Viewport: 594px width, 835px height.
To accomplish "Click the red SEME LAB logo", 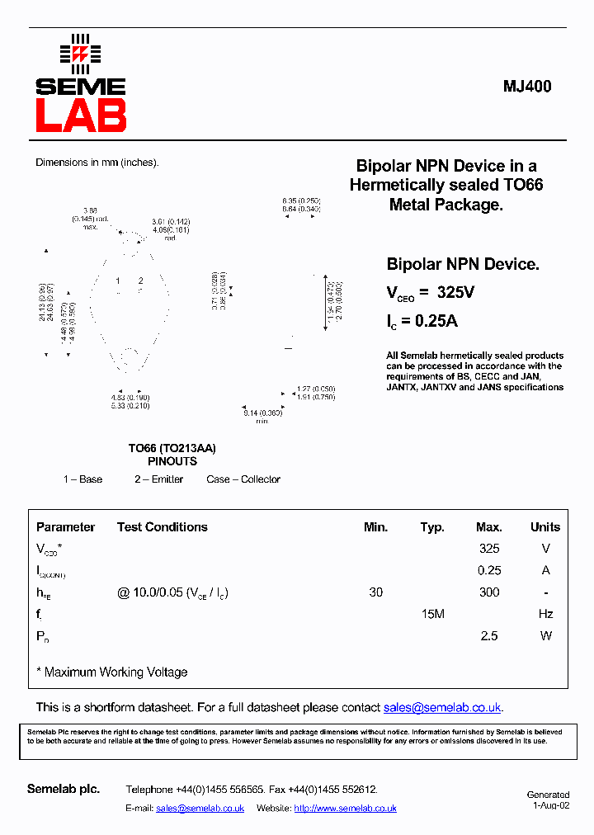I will tap(80, 85).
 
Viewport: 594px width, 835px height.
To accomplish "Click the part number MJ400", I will tap(527, 87).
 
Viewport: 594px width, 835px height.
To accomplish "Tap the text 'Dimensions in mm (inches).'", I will tap(97, 163).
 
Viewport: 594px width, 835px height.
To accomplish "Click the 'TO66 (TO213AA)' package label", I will tap(172, 448).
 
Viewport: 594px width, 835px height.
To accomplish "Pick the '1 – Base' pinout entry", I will tap(82, 479).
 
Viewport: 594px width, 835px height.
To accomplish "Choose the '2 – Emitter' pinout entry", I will tap(159, 479).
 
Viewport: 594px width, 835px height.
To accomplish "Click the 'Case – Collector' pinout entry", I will tap(243, 479).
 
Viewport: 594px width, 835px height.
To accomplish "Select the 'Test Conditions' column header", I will tap(162, 527).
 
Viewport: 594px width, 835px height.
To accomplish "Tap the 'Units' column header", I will tap(544, 527).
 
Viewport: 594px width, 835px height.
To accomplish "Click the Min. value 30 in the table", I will tap(375, 592).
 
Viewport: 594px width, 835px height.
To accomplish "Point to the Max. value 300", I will tap(489, 592).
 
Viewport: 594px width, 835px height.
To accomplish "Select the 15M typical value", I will tap(432, 614).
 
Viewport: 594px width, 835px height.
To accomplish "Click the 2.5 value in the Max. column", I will tap(489, 636).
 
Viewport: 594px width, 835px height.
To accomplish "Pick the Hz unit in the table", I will tap(544, 614).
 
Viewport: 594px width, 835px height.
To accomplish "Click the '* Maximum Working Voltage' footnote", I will tap(112, 672).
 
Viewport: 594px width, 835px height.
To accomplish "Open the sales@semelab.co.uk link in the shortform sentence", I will tap(442, 708).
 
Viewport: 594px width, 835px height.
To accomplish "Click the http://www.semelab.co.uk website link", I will tap(345, 809).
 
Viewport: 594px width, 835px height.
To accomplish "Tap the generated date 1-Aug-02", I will tap(550, 805).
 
